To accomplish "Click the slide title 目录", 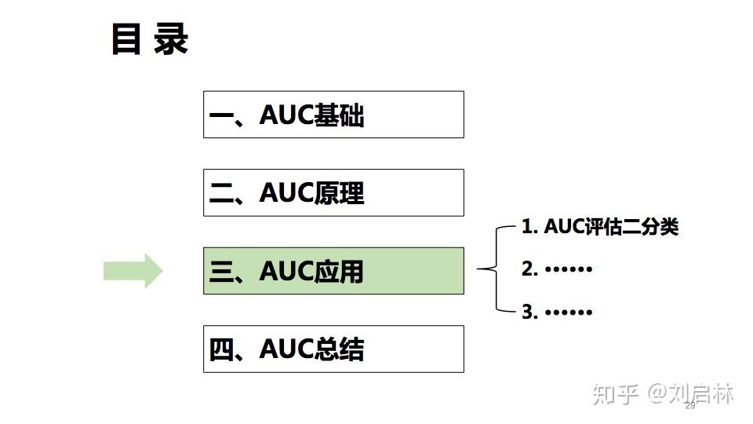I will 150,39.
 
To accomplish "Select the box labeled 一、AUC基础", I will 333,115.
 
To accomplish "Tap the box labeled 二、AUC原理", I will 333,192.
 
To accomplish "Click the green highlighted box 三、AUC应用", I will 333,271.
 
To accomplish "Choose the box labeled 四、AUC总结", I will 333,349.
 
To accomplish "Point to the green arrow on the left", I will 133,271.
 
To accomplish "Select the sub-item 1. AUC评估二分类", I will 599,227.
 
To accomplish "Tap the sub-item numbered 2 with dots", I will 557,269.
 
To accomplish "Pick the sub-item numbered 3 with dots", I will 557,312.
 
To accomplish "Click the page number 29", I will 690,406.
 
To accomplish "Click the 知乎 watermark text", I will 616,393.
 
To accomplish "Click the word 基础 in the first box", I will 339,115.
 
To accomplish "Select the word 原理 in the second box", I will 339,193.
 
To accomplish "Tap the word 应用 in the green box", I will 339,272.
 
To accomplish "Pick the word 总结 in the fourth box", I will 339,349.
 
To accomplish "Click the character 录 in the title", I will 171,39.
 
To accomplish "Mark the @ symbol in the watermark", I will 658,393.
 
